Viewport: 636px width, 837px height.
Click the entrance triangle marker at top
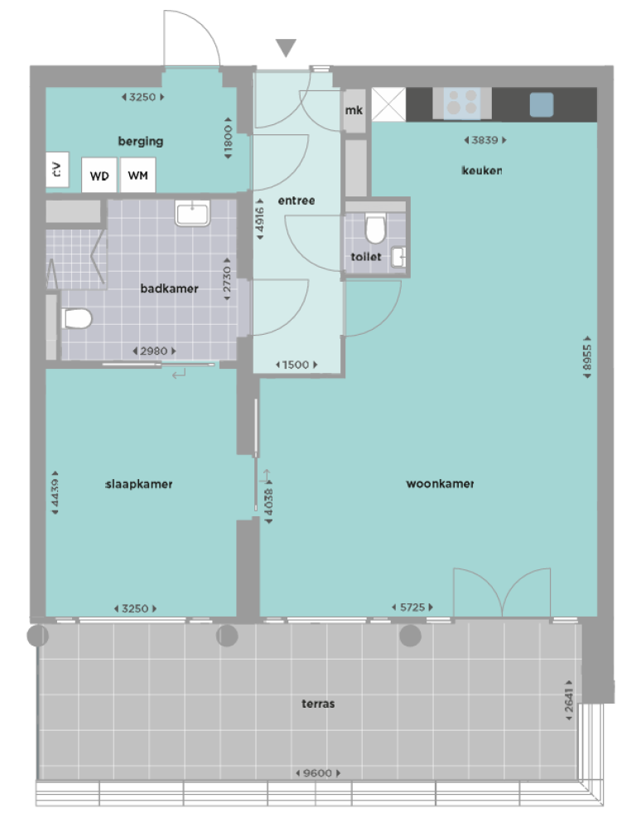pyautogui.click(x=286, y=48)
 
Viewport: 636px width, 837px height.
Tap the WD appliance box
pyautogui.click(x=99, y=176)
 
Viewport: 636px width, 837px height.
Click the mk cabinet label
pyautogui.click(x=354, y=111)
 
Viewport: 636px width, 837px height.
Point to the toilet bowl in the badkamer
pyautogui.click(x=76, y=318)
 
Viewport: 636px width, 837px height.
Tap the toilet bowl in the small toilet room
pyautogui.click(x=375, y=228)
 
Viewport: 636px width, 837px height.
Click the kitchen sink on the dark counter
pyautogui.click(x=541, y=104)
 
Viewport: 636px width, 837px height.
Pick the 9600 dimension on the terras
pyautogui.click(x=317, y=773)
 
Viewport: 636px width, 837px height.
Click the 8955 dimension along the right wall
pyautogui.click(x=587, y=357)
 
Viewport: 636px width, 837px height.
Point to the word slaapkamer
pyautogui.click(x=139, y=484)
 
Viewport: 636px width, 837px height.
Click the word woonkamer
pyautogui.click(x=440, y=484)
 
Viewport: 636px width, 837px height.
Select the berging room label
pyautogui.click(x=140, y=141)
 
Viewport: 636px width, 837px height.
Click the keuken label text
pyautogui.click(x=482, y=171)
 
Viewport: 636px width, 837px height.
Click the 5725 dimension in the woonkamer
pyautogui.click(x=412, y=608)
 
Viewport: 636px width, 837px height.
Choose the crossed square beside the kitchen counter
pyautogui.click(x=388, y=104)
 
